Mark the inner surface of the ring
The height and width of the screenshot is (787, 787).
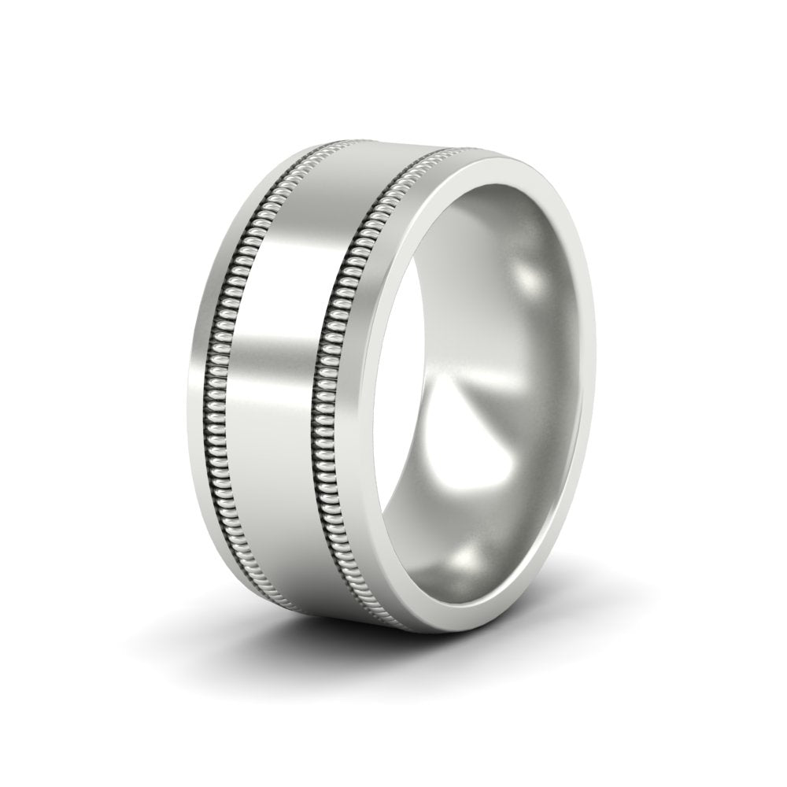(x=504, y=354)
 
